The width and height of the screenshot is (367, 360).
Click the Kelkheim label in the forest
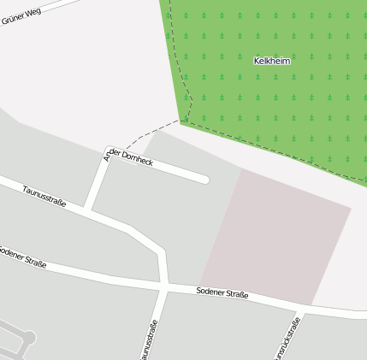click(x=272, y=61)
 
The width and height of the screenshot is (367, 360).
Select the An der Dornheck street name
click(x=128, y=155)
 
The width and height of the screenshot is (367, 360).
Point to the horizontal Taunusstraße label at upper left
click(x=44, y=196)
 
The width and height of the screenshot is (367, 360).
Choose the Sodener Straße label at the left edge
click(x=22, y=256)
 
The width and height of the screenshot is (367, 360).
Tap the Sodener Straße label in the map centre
click(x=222, y=293)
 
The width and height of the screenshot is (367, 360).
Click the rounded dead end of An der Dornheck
click(x=204, y=180)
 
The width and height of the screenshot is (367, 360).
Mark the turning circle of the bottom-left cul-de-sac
click(x=28, y=339)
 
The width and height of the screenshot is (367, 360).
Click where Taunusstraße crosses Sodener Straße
click(x=163, y=286)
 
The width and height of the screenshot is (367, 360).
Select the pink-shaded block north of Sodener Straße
click(x=278, y=235)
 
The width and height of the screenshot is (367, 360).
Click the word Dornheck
click(x=138, y=157)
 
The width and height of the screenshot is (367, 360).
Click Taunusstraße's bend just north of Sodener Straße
click(x=159, y=253)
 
